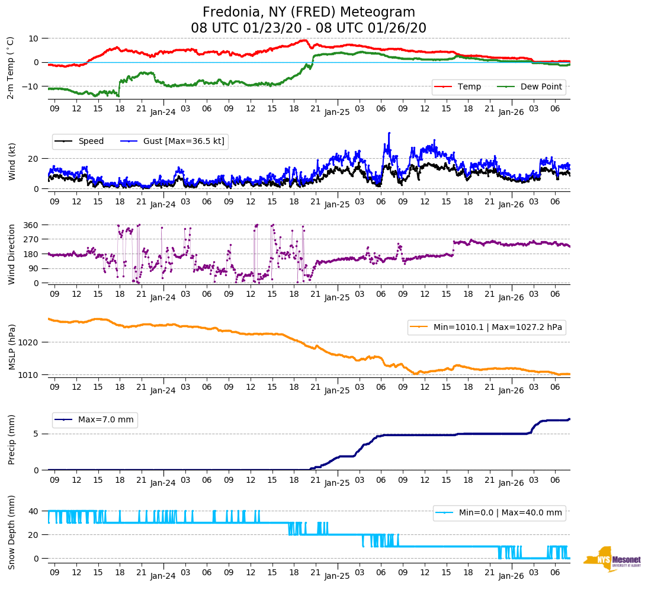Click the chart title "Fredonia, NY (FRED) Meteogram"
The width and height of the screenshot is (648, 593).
pos(309,12)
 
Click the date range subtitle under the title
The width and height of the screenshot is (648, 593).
pos(309,28)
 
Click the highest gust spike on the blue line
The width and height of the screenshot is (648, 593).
pos(389,133)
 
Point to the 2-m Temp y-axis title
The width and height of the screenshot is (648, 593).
pos(10,67)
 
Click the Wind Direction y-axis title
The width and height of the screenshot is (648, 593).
pos(11,254)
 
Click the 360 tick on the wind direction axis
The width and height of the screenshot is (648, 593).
pos(31,225)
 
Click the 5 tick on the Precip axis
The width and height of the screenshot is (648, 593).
pos(36,434)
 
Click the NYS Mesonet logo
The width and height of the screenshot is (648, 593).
pos(612,559)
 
